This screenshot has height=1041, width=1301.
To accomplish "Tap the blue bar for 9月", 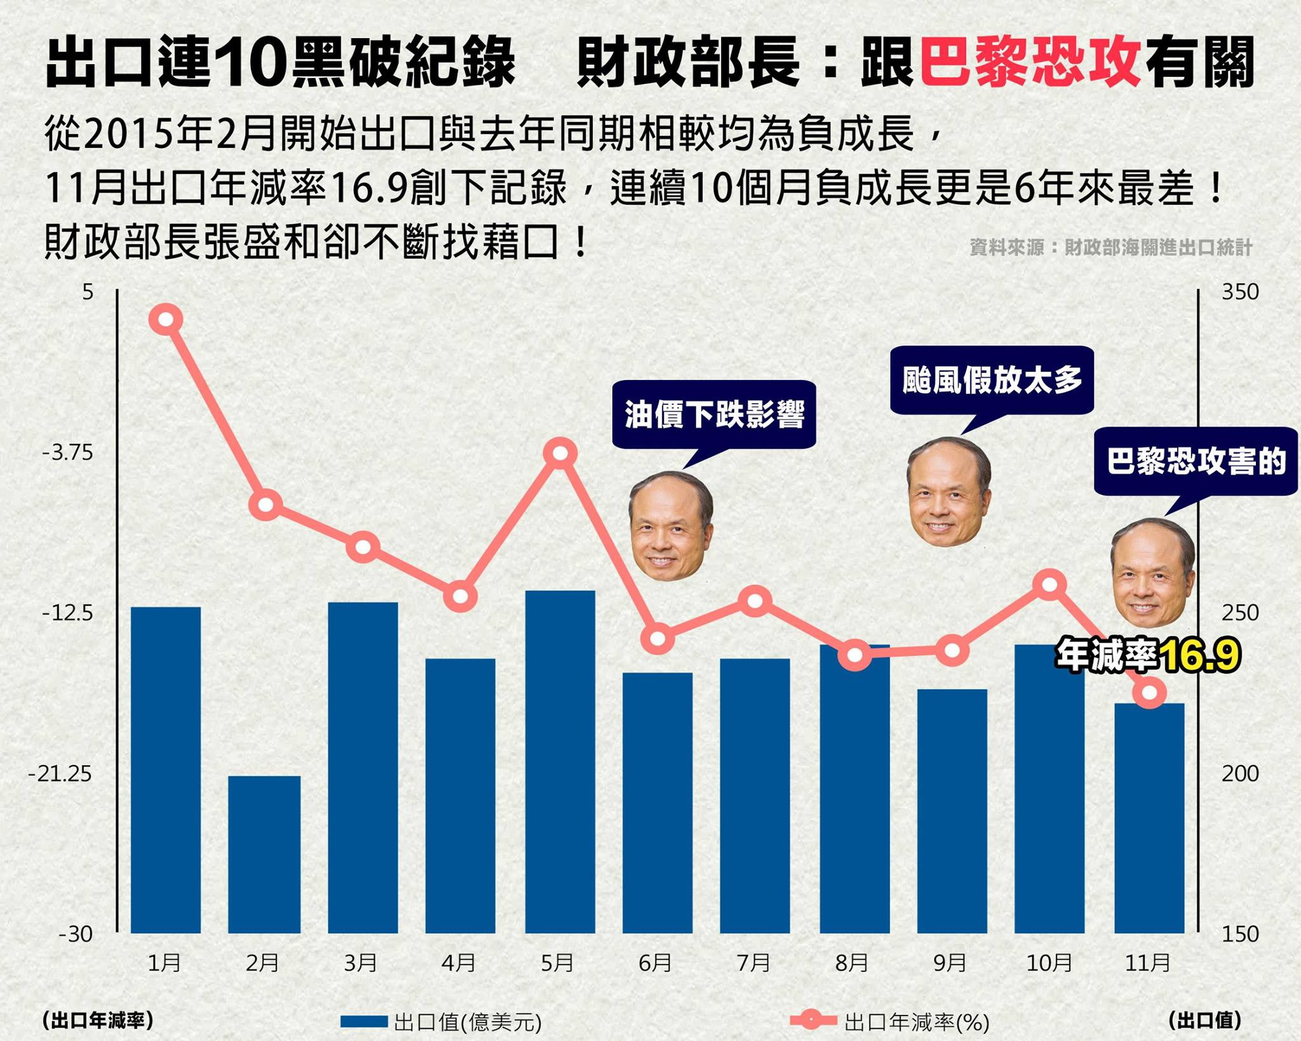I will (x=952, y=810).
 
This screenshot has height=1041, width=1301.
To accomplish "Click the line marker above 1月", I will (x=166, y=319).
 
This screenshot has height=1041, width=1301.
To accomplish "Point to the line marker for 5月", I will (x=560, y=453).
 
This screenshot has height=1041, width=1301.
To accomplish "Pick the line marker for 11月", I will (x=1149, y=692).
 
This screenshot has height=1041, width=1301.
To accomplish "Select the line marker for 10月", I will (x=1049, y=584).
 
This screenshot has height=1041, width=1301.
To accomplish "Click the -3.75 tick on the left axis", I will (x=67, y=452).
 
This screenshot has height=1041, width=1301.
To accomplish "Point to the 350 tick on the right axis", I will (x=1239, y=292).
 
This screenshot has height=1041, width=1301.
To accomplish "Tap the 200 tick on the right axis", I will (x=1239, y=773).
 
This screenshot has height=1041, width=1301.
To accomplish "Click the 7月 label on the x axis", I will (x=753, y=963).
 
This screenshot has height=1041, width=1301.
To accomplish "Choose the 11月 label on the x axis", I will (x=1147, y=963).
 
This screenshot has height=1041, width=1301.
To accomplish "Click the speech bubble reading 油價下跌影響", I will (x=714, y=414).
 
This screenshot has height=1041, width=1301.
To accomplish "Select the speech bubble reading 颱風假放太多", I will (x=992, y=380).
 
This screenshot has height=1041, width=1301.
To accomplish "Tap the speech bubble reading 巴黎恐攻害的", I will (x=1196, y=461).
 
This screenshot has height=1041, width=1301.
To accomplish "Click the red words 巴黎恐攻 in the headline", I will (x=1030, y=62).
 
